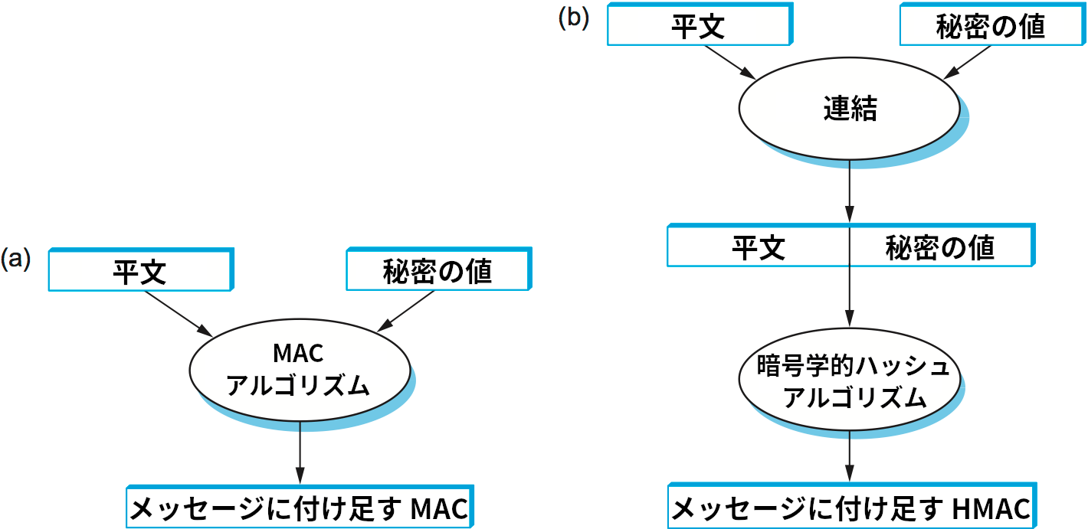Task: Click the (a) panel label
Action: pos(16,258)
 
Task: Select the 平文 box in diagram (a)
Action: pos(139,271)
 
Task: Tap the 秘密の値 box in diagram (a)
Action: pos(437,271)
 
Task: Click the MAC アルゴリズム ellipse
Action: pos(299,369)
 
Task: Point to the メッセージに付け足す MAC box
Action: pos(300,508)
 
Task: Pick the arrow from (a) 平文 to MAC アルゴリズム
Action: pos(178,313)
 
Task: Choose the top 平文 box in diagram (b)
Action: pos(698,25)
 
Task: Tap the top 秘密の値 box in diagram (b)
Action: pos(991,25)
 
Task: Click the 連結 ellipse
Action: pos(849,109)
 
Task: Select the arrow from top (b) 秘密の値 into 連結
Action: pos(969,61)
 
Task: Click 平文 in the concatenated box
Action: pos(759,247)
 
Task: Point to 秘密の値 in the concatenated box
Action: pos(940,247)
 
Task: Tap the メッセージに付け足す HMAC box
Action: pos(851,508)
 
